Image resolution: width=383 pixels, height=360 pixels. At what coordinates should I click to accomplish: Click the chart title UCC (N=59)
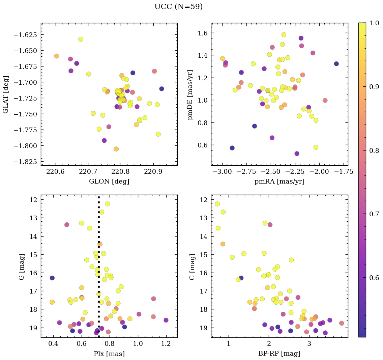tap(178, 7)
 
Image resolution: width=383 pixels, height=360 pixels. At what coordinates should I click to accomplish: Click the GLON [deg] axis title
tap(109, 181)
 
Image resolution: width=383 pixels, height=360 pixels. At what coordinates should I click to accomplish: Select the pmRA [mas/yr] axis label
tap(279, 181)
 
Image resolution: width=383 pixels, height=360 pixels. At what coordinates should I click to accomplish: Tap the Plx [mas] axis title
tap(109, 354)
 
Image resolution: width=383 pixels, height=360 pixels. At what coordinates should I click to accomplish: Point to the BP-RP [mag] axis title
tap(279, 354)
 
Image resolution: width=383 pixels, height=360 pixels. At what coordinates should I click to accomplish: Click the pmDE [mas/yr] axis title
tap(191, 94)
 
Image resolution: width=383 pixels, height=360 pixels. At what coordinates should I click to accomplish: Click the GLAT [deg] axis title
tap(6, 94)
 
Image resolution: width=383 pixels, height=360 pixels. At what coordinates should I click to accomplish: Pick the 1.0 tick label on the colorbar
tap(374, 23)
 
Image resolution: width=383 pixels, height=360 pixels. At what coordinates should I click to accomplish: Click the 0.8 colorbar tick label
tap(374, 150)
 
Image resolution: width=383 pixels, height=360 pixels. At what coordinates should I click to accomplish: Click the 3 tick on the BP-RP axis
tap(309, 344)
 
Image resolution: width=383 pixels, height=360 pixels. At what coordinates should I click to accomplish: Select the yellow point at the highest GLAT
tap(81, 39)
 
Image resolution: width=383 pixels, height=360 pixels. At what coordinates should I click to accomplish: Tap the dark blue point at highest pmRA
tap(336, 64)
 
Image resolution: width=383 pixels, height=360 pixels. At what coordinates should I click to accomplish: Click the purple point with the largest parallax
tap(166, 320)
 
